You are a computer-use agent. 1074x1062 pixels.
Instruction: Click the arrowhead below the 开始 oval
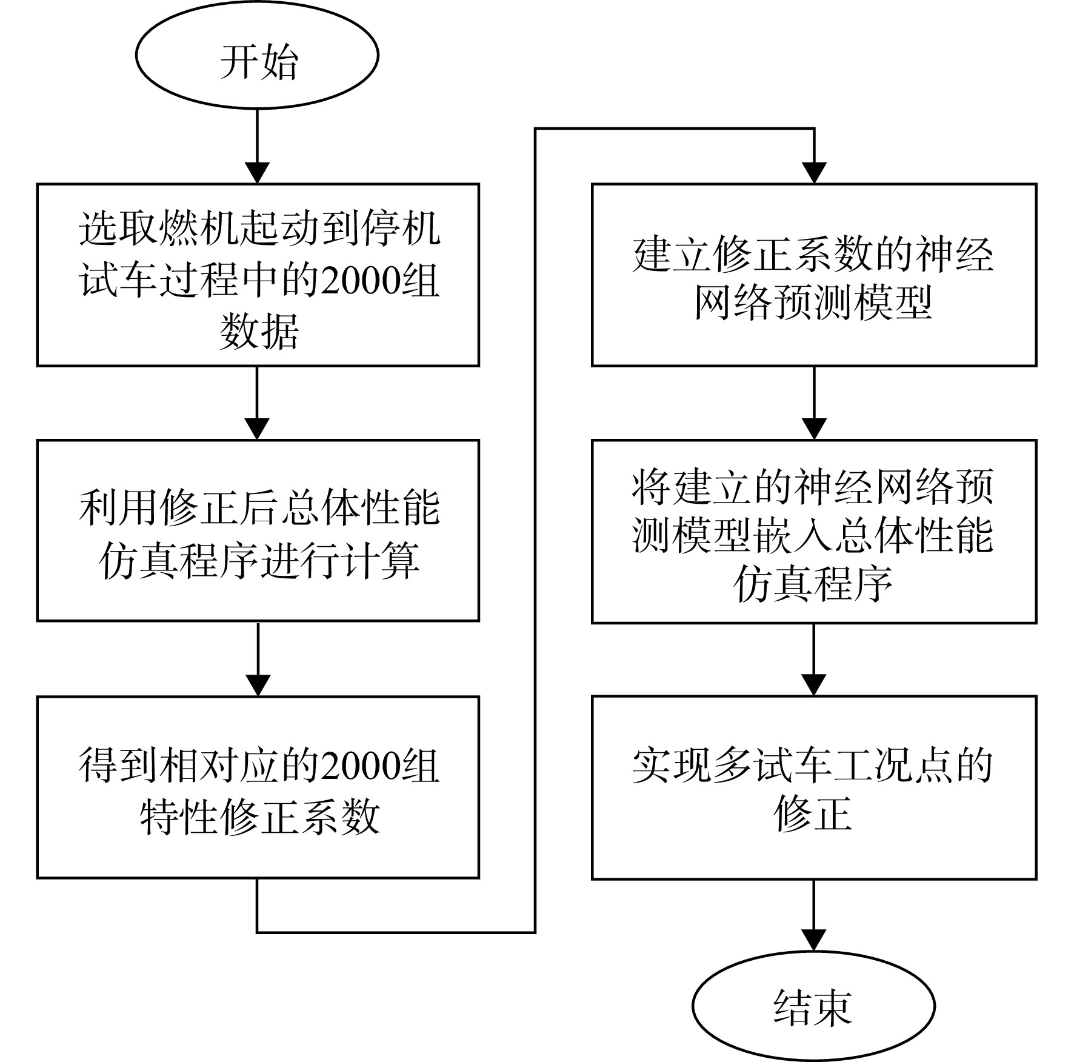[x=258, y=173]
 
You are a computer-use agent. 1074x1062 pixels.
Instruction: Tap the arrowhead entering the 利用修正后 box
[x=258, y=429]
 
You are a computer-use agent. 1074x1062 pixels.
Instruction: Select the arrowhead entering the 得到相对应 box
[x=258, y=686]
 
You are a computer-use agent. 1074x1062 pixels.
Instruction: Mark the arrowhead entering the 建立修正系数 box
[x=814, y=173]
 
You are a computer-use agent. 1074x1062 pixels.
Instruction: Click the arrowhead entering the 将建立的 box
[x=814, y=429]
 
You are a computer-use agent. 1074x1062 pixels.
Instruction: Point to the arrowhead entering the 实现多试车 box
[x=814, y=686]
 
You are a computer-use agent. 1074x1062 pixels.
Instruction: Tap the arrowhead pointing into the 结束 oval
[x=814, y=941]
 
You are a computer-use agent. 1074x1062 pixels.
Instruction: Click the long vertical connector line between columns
[x=535, y=530]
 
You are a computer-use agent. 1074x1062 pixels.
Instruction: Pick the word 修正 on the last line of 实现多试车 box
[x=813, y=814]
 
